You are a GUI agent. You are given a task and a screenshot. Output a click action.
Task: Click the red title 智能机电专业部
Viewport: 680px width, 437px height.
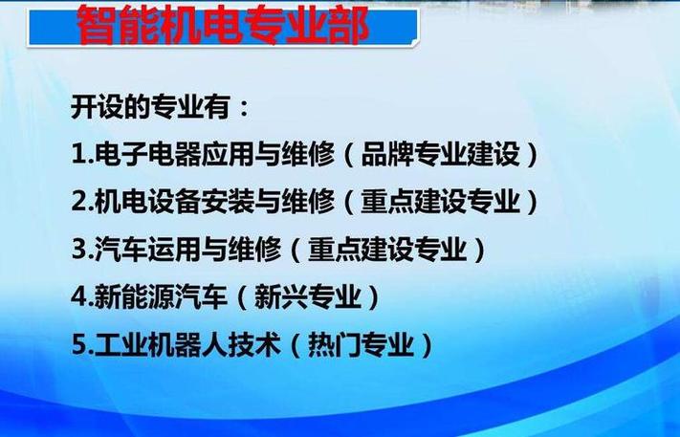pos(224,25)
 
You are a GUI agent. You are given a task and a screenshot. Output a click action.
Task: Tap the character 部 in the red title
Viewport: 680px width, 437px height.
pos(348,25)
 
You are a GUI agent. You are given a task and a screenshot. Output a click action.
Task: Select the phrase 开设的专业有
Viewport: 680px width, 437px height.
pos(150,106)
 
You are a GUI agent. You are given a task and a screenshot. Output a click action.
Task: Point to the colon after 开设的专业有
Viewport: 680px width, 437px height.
pos(244,108)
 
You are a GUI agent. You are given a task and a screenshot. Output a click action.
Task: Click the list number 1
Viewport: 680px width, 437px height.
pos(79,154)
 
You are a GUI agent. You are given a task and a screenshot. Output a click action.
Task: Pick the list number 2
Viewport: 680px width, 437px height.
pos(79,202)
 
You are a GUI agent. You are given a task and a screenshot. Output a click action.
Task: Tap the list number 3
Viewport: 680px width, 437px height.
pos(79,250)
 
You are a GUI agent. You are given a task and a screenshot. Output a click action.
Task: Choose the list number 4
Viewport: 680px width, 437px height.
pos(79,297)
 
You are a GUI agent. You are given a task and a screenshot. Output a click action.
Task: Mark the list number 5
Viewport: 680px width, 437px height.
pos(79,344)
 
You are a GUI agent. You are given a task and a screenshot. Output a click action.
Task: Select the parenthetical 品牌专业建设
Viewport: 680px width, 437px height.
pos(441,154)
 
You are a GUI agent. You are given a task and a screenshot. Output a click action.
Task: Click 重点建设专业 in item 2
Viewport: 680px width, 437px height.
pos(441,201)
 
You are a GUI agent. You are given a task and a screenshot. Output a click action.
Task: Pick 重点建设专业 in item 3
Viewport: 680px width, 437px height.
pos(387,249)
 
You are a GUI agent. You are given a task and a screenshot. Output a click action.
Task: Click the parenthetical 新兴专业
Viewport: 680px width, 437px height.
pos(308,296)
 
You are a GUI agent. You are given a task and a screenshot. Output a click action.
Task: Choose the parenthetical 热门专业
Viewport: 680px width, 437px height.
pos(361,344)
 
